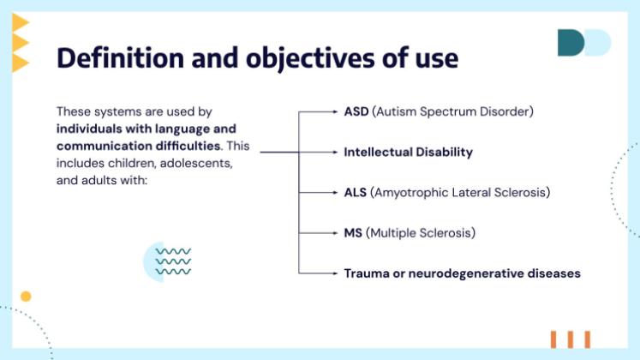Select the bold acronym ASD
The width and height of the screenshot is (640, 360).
click(356, 111)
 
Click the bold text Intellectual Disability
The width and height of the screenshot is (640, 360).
click(408, 152)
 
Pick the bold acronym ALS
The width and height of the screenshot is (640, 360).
click(356, 193)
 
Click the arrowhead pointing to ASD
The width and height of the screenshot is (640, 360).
click(336, 111)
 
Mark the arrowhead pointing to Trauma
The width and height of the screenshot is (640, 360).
click(336, 273)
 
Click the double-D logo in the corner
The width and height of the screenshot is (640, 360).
click(583, 43)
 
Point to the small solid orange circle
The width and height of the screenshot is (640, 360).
click(26, 297)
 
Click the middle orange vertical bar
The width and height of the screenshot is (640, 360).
click(570, 339)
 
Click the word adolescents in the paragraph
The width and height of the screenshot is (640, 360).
click(196, 162)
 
